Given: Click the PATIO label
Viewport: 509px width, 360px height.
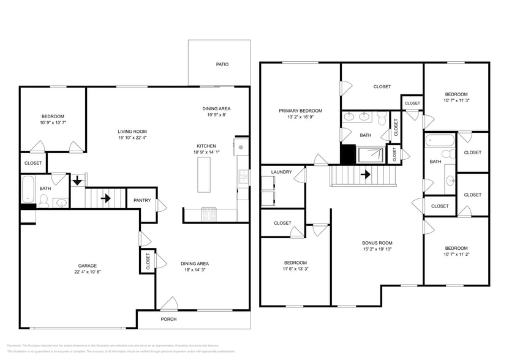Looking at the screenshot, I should point(222,64).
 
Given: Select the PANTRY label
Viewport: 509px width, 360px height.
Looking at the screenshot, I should point(142,200).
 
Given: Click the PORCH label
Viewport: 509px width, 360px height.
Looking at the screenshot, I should point(168,319).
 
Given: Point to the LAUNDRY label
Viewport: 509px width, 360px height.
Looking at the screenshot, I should point(281,172).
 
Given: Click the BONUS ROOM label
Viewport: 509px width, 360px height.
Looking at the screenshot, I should point(377,242).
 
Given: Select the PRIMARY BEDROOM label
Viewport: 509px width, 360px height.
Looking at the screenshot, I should point(300,111).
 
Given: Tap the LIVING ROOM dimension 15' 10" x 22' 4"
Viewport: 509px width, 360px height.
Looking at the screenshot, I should point(132,138).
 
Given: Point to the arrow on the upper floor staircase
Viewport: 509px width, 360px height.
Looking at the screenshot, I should point(366,174).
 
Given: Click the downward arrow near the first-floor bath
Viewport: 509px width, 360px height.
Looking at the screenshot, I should point(77,181).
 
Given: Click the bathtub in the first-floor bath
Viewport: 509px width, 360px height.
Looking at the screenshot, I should point(28,190).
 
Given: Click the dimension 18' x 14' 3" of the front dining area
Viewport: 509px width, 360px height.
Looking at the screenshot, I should point(195,270).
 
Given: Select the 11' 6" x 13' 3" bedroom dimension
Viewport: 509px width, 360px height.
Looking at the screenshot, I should point(295,268).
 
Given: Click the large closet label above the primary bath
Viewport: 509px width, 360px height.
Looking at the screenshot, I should point(382,87).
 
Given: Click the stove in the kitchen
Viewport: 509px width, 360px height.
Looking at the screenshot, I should point(208,214).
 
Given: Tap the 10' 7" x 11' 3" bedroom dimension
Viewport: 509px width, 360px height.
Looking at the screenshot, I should point(456,100).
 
